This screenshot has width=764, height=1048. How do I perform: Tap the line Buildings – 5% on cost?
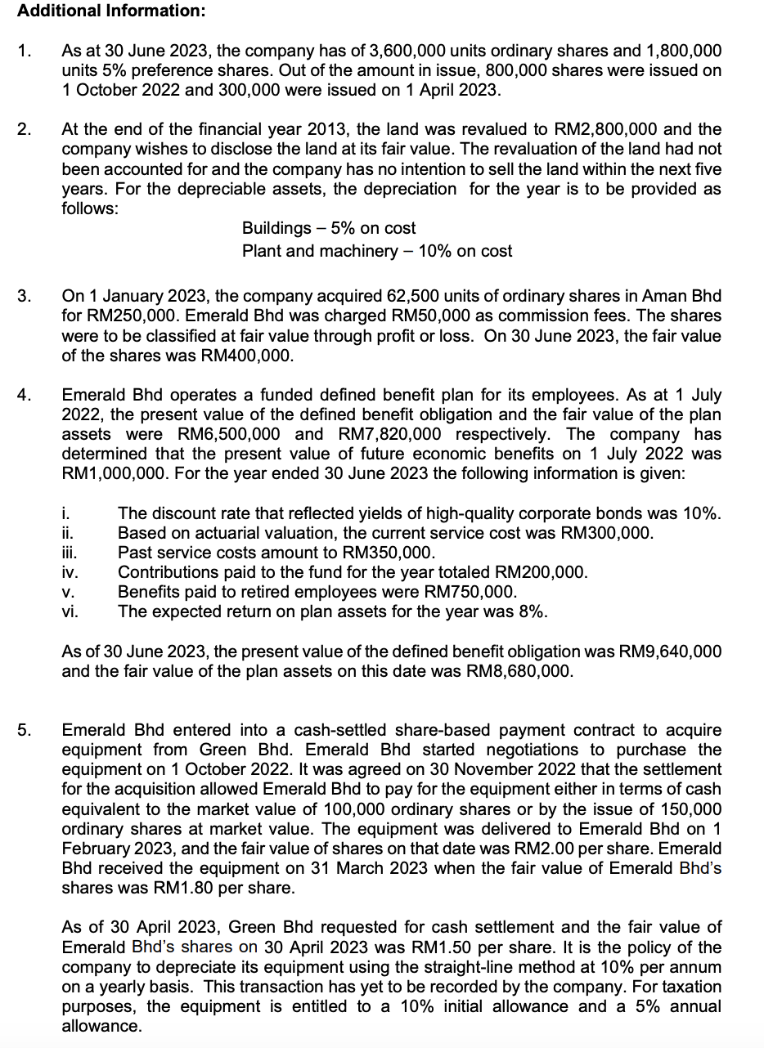[329, 228]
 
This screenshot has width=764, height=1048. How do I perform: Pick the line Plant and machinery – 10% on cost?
[377, 251]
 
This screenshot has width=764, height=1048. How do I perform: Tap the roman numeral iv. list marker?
[70, 572]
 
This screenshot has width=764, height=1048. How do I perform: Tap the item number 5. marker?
[25, 730]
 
